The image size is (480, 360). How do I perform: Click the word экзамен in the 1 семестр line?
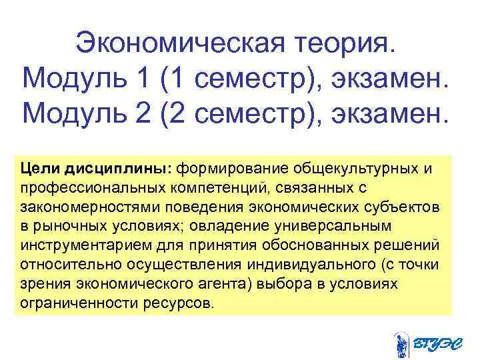pyautogui.click(x=380, y=80)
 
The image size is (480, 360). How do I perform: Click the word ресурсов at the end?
pyautogui.click(x=184, y=301)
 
